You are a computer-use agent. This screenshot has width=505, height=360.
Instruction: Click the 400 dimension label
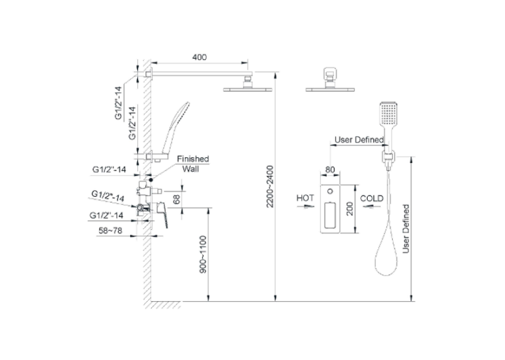(x=199, y=57)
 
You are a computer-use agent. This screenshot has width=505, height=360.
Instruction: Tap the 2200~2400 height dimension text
(x=270, y=186)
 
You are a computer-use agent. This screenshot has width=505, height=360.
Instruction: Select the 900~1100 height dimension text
(x=203, y=254)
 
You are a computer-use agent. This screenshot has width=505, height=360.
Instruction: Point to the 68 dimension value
(x=176, y=199)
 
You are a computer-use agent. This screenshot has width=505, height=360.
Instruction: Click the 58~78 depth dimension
(x=110, y=231)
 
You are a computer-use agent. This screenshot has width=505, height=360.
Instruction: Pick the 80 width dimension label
(x=330, y=170)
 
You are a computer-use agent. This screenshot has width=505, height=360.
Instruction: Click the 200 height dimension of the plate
(x=350, y=209)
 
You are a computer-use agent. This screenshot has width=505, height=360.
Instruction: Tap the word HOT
(x=305, y=198)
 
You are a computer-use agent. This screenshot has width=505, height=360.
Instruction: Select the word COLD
(x=372, y=198)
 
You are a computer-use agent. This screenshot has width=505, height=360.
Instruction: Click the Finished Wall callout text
(x=193, y=164)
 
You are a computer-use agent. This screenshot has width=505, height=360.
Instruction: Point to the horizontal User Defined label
(x=359, y=140)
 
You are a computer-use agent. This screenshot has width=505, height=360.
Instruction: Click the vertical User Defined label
(x=406, y=229)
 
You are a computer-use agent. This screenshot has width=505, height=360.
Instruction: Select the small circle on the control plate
(x=330, y=192)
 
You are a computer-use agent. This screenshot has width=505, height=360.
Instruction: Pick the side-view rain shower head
(x=248, y=89)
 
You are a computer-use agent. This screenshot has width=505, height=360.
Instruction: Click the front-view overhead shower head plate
(x=330, y=89)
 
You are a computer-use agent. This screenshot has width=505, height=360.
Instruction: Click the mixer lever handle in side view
(x=162, y=215)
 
